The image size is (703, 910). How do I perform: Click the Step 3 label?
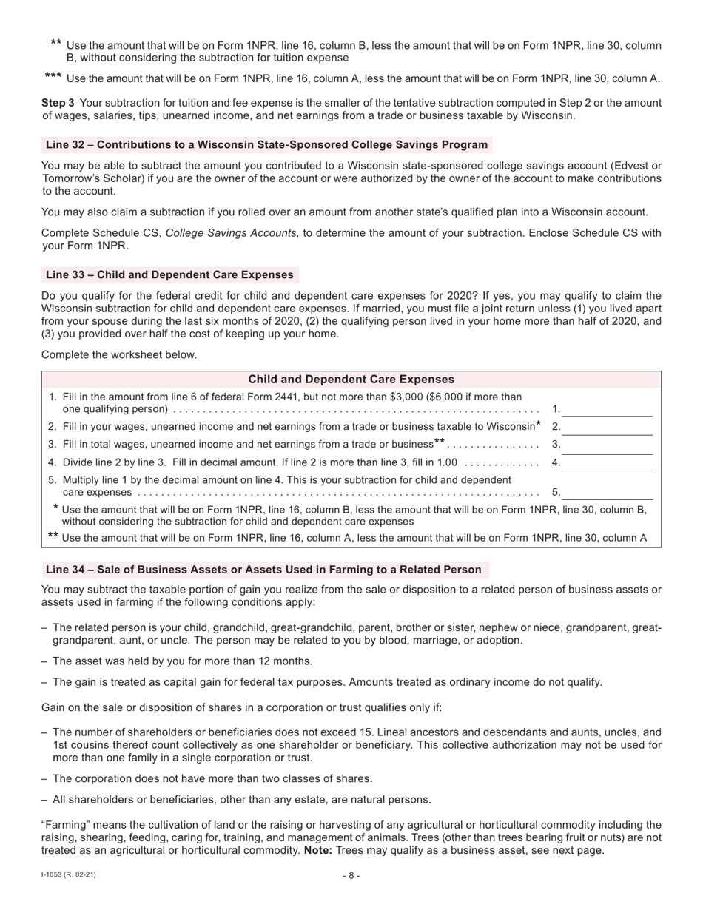click(x=58, y=103)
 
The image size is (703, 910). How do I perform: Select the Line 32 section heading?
click(x=266, y=145)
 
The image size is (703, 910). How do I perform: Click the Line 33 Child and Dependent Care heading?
click(x=169, y=275)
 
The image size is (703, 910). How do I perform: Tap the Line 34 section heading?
click(x=263, y=570)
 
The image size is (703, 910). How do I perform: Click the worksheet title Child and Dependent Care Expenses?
click(x=351, y=380)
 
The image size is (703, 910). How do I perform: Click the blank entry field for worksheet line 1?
click(x=607, y=408)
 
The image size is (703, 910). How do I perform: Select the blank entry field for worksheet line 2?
click(x=607, y=427)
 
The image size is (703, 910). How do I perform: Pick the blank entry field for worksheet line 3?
click(x=607, y=445)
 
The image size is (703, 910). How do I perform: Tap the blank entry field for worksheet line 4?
click(x=607, y=462)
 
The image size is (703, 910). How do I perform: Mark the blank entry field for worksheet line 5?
click(x=607, y=491)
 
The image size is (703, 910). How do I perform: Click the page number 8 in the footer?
click(x=351, y=876)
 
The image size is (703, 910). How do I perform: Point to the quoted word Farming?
click(x=66, y=825)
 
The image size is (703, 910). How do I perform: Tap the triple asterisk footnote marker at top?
click(x=53, y=77)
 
